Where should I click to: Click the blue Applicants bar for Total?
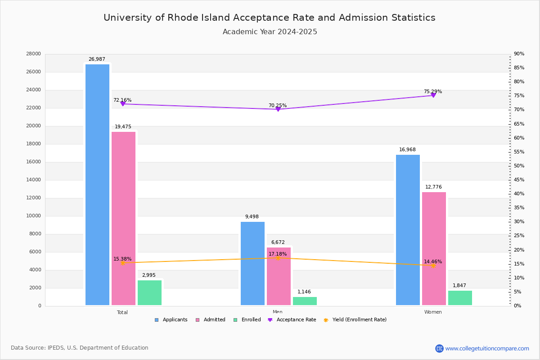pos(97,184)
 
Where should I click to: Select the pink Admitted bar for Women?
pos(434,248)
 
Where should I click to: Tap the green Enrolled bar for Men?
pos(305,301)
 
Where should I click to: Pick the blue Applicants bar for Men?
pos(252,263)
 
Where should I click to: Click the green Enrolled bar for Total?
pos(149,292)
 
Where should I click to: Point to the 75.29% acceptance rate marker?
pos(433,95)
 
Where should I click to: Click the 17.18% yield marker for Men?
pos(278,258)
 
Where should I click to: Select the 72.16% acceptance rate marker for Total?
pos(122,104)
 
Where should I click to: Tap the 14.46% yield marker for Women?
pos(433,265)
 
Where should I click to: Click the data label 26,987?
pos(97,59)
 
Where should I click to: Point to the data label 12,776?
pos(433,187)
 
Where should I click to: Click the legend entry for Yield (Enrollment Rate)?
pos(359,320)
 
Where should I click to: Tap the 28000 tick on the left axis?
pos(34,54)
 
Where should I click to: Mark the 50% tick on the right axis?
pos(519,166)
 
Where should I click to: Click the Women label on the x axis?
pos(433,312)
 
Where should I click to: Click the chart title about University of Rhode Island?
pos(270,18)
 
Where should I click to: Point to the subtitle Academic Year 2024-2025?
pos(270,32)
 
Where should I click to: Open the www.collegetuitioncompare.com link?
pos(487,348)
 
